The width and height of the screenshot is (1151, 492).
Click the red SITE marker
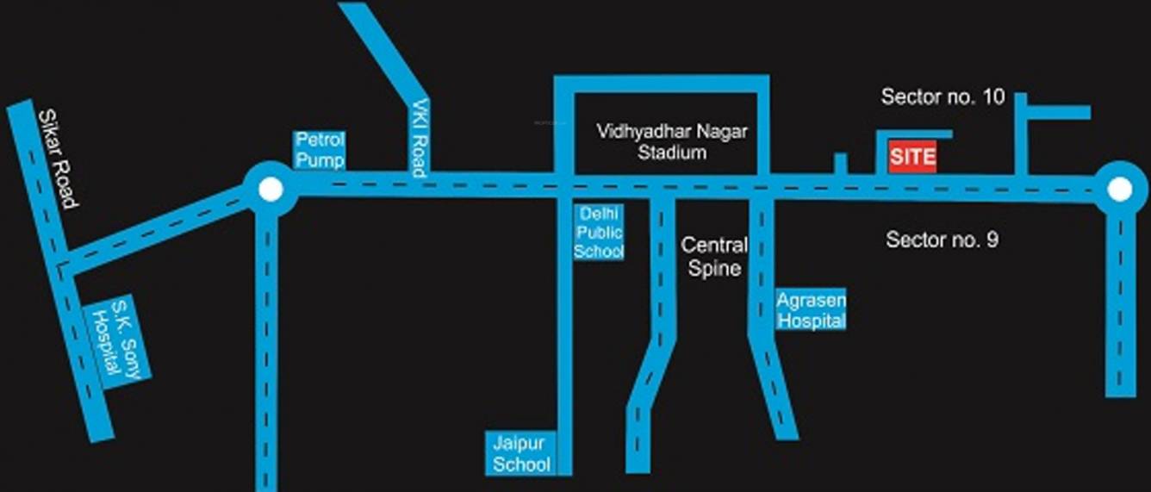912,159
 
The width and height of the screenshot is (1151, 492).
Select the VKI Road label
419,137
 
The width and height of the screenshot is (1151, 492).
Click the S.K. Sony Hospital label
121,341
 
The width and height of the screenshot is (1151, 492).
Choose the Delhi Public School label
600,232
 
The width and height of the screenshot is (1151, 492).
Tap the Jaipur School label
520,454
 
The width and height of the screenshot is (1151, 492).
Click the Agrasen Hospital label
811,310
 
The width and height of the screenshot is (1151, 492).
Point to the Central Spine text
714,257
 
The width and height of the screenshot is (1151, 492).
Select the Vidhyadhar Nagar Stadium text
673,142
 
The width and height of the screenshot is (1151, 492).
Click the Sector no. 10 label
943,97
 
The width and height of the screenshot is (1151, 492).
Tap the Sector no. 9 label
942,240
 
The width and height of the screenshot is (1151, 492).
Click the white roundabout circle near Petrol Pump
270,189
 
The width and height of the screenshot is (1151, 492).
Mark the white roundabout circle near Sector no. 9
1118,189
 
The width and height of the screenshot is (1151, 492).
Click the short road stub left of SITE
840,164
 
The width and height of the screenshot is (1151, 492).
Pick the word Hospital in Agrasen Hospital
811,321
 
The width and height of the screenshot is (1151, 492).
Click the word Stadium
672,153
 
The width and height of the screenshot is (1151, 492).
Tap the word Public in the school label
600,232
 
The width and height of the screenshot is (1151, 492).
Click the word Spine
714,268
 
